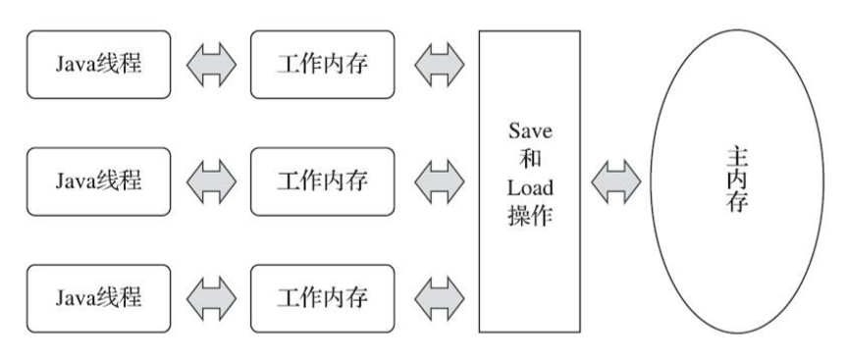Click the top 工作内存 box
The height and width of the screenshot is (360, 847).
point(322,65)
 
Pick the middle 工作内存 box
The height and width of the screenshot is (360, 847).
point(322,180)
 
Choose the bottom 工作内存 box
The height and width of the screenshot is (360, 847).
point(322,296)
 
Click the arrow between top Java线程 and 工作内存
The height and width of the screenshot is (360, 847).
point(210,65)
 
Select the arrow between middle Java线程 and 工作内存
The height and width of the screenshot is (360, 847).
point(210,180)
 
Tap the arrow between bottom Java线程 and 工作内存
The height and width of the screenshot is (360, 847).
point(210,296)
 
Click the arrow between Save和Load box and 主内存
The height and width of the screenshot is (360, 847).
point(615,181)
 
